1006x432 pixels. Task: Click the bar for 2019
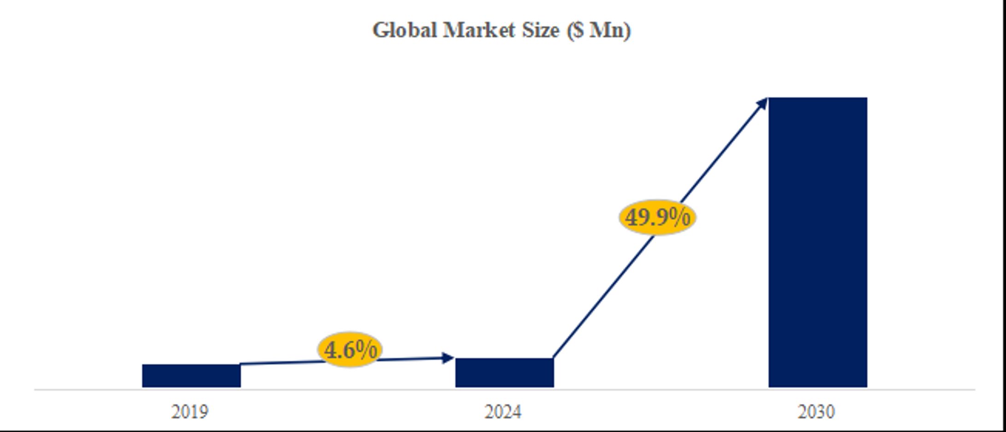(x=191, y=375)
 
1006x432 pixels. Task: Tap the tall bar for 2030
(x=818, y=242)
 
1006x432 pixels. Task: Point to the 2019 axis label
(x=190, y=412)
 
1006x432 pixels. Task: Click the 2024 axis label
(x=503, y=412)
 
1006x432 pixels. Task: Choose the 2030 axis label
(x=816, y=412)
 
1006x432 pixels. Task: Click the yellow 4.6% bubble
(x=350, y=350)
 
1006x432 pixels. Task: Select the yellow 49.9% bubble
(x=657, y=217)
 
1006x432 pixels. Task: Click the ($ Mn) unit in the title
(x=599, y=30)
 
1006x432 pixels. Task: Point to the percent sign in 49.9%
(x=679, y=216)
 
